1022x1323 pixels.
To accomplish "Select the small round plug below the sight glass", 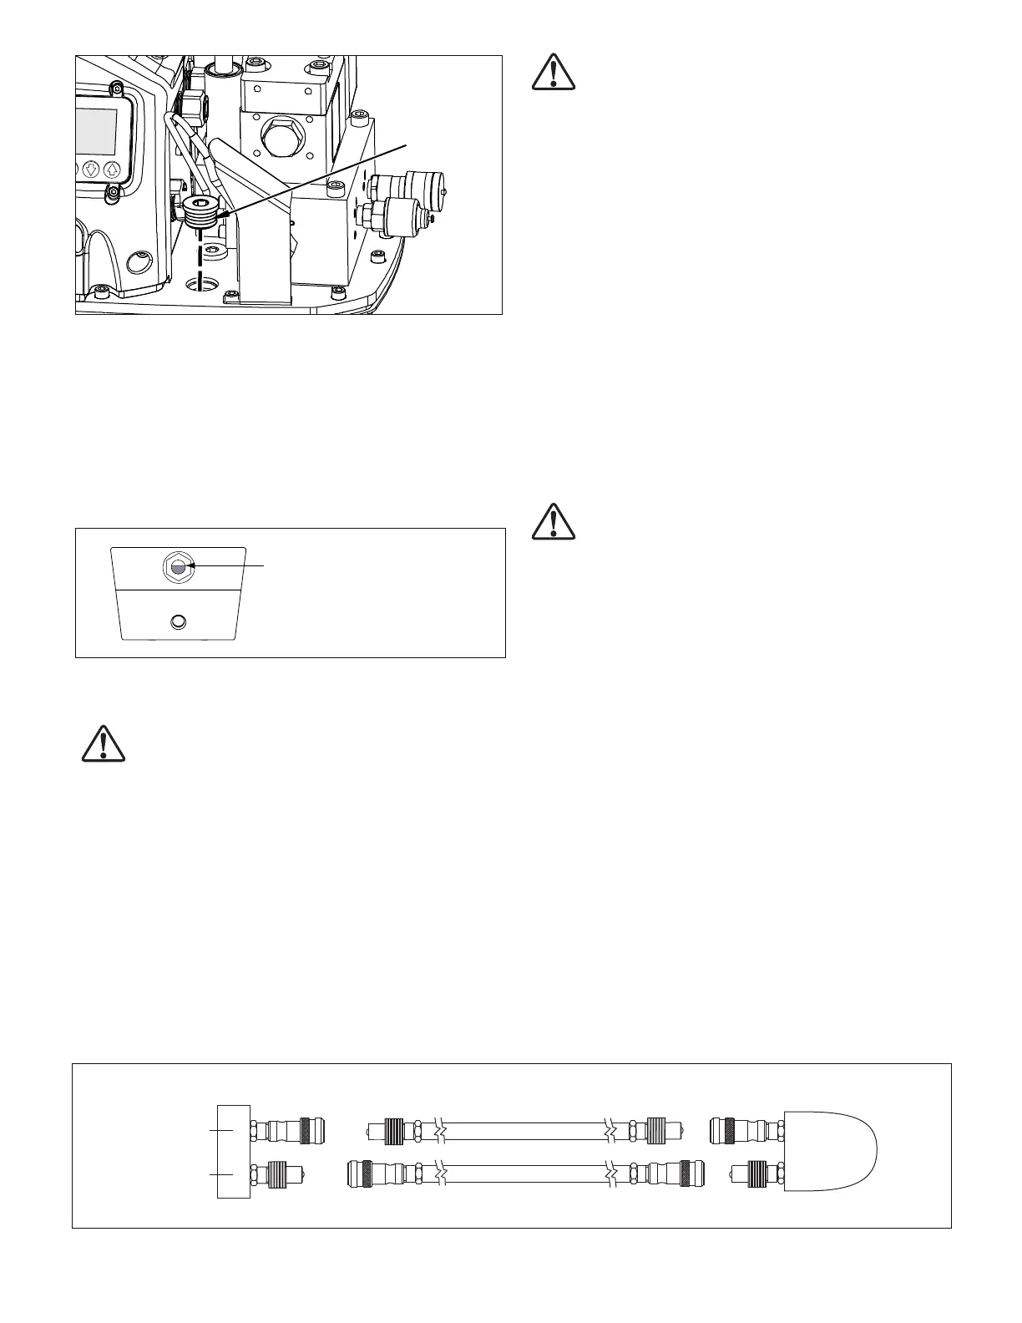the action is tap(178, 622).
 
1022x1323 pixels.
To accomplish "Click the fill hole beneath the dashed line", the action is tap(201, 287).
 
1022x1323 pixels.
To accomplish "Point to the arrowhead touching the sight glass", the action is tap(194, 565).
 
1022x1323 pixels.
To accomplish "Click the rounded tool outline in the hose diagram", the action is tap(831, 1151).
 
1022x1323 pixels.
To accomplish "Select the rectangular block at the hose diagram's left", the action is tap(235, 1151).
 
